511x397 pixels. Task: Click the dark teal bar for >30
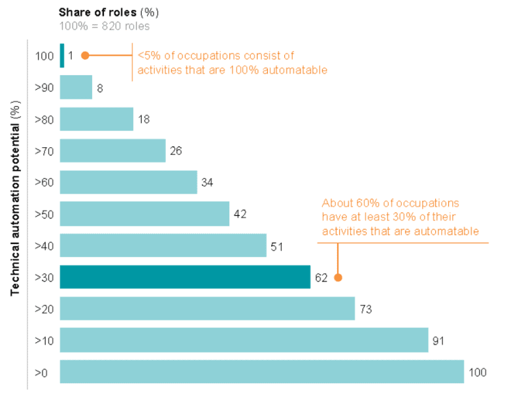point(185,277)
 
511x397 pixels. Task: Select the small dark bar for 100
point(62,56)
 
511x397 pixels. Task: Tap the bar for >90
point(76,87)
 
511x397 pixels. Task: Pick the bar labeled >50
point(144,213)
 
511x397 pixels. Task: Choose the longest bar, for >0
point(261,372)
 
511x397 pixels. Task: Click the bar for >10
point(244,340)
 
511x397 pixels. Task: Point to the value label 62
point(321,277)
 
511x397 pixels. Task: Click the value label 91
point(438,341)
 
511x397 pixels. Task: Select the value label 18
point(144,119)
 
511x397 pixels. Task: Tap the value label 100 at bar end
point(478,373)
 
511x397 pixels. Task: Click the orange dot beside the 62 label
point(338,277)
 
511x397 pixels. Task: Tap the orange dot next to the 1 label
point(85,56)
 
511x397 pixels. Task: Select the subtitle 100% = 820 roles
point(105,26)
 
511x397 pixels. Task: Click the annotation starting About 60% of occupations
point(400,217)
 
